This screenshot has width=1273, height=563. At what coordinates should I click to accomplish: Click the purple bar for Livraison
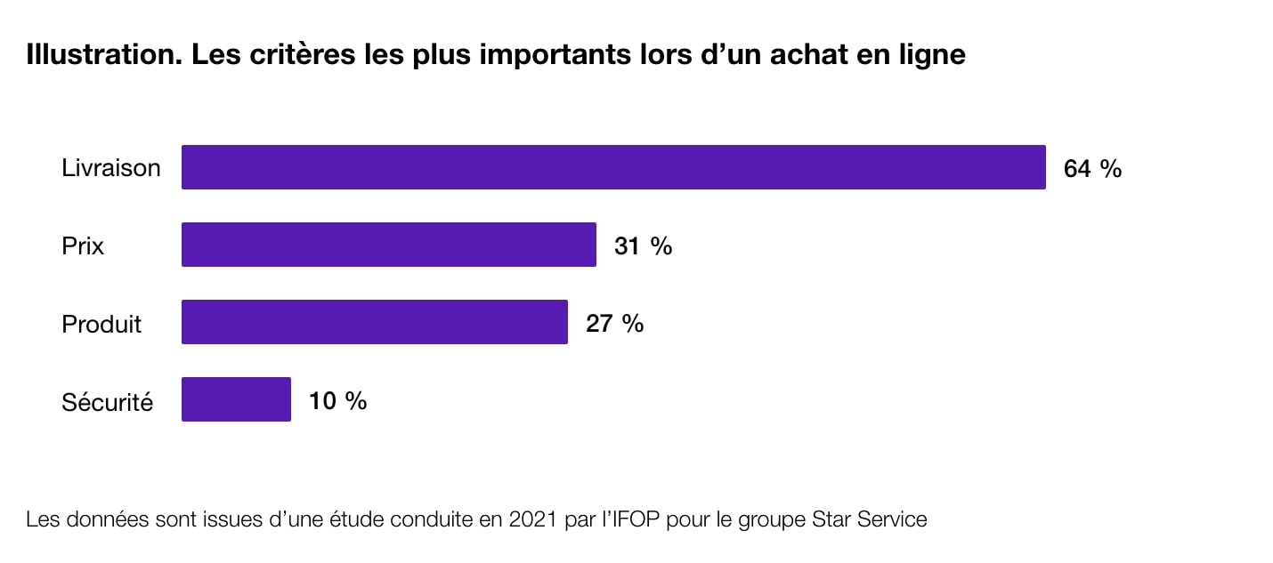[613, 167]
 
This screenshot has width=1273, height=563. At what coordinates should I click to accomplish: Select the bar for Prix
[388, 245]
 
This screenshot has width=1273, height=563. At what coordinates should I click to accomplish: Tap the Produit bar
[374, 322]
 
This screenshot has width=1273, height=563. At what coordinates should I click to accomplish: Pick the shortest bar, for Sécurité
[236, 399]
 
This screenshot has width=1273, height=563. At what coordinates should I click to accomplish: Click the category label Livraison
[111, 168]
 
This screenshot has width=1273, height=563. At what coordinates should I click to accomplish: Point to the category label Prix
[83, 245]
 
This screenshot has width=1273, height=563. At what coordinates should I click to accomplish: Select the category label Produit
[101, 324]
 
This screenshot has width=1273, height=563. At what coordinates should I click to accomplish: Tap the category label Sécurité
[107, 402]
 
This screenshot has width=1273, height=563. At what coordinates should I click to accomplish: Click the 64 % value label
[1092, 168]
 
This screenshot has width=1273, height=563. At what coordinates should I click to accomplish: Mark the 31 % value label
[643, 245]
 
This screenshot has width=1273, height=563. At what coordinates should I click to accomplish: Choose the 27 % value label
[614, 323]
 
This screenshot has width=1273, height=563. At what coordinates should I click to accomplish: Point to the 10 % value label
[337, 400]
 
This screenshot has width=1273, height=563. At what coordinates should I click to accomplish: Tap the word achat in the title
[799, 55]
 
